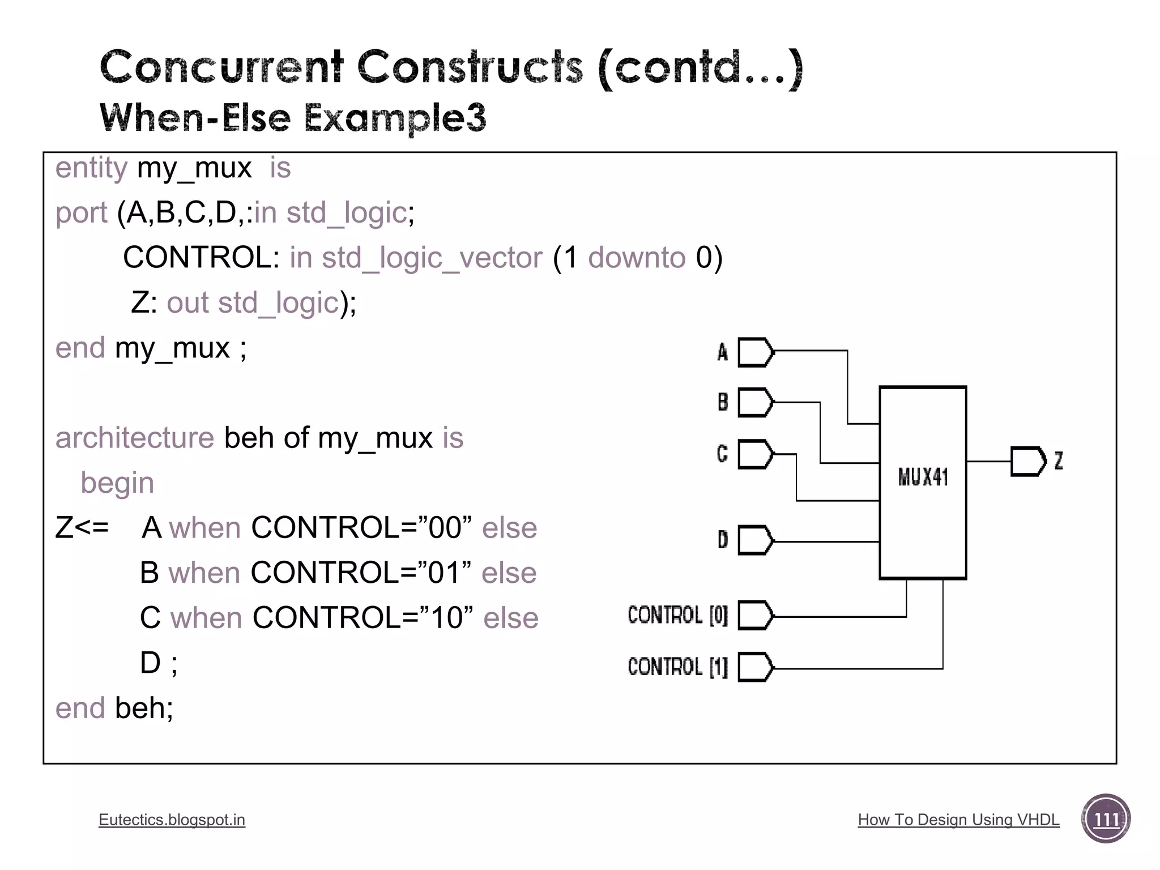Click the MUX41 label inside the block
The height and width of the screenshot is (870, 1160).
point(923,477)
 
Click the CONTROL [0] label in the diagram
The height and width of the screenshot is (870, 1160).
point(677,615)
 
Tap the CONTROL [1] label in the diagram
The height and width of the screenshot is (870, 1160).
point(677,667)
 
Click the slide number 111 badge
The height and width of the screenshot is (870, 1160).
point(1106,819)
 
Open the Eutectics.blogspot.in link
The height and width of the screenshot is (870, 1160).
point(172,820)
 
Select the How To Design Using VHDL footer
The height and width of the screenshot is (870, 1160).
point(958,820)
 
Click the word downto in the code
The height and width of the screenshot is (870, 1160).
point(637,258)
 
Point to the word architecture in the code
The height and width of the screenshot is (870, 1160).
point(135,438)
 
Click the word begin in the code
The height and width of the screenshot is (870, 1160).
point(117,483)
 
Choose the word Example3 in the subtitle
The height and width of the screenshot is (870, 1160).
point(395,118)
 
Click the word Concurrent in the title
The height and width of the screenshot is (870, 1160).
point(221,67)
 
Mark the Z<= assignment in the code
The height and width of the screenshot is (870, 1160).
point(82,528)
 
